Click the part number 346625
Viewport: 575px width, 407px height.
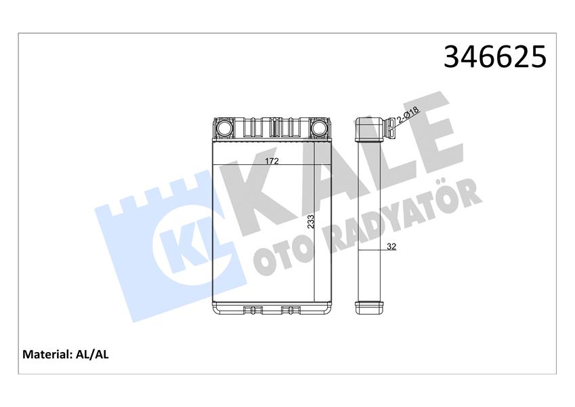[x=494, y=57]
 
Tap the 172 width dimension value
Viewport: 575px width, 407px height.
[x=272, y=161]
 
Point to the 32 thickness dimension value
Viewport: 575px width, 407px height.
[x=391, y=247]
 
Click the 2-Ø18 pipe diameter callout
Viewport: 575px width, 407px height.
[x=408, y=116]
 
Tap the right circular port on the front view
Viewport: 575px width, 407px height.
[x=320, y=127]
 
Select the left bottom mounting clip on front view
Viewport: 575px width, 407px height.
[x=253, y=311]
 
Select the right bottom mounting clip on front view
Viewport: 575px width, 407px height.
[x=291, y=311]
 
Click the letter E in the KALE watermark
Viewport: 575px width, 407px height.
[x=423, y=129]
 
